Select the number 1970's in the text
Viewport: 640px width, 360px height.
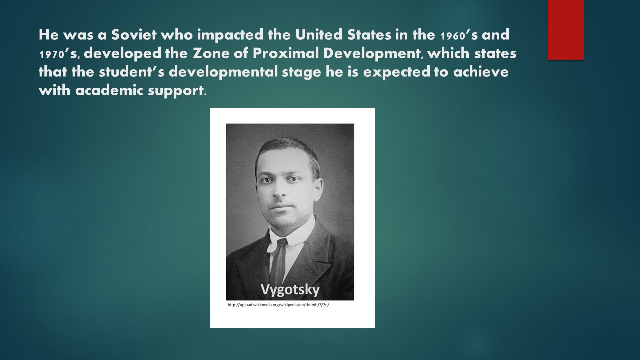[x=58, y=54]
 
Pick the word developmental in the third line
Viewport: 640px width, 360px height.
[x=223, y=72]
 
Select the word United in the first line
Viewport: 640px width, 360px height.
[x=319, y=35]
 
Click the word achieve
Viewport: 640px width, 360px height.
[x=481, y=72]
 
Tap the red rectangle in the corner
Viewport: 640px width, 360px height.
[x=565, y=30]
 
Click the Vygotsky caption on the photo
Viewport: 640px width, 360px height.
[x=290, y=290]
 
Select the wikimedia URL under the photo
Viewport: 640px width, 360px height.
[x=278, y=305]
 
